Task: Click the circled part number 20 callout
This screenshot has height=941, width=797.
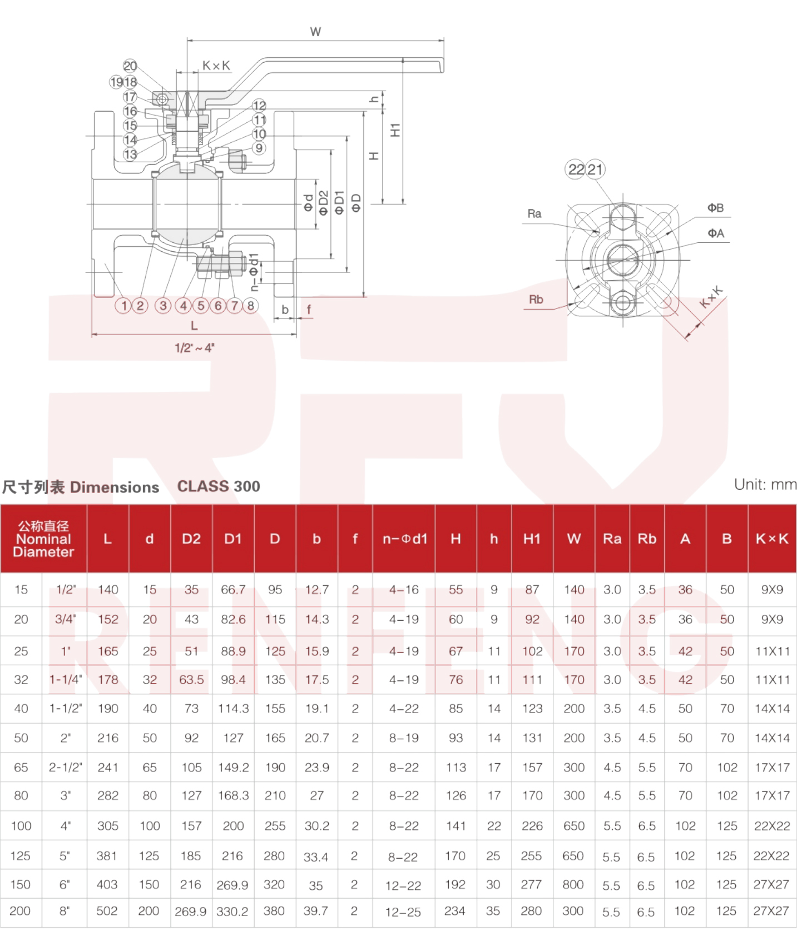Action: point(130,66)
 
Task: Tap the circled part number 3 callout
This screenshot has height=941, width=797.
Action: point(163,305)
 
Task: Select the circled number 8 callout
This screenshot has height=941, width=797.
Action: point(251,305)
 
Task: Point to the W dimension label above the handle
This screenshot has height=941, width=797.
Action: point(315,32)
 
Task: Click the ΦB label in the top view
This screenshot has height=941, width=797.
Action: point(716,208)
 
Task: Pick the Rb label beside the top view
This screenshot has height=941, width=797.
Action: point(536,300)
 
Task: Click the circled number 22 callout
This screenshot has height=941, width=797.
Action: point(576,170)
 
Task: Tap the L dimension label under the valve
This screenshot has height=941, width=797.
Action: point(194,326)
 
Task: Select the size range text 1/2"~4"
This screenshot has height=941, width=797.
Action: point(195,348)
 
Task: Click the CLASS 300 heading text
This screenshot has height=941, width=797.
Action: point(219,486)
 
